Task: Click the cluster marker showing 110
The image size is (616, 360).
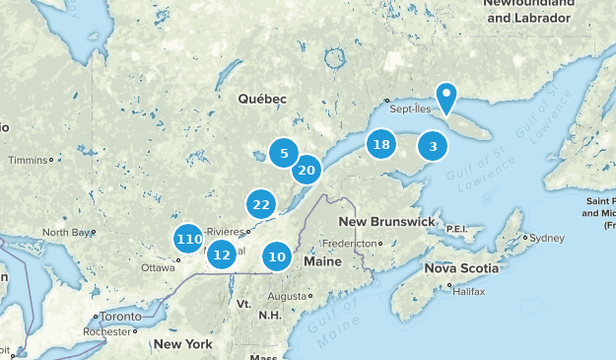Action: (x=188, y=239)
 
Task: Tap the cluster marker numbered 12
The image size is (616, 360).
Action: (x=223, y=254)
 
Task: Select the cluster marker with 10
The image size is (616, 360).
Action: (x=277, y=257)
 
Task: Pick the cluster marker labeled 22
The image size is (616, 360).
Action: (x=261, y=205)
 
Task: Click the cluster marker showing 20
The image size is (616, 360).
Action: (x=307, y=171)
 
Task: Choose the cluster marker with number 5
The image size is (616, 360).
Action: (x=284, y=153)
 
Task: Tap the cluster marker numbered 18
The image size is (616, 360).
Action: (x=380, y=145)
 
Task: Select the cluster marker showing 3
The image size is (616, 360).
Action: (x=433, y=147)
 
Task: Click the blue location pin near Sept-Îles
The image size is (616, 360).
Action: (x=447, y=97)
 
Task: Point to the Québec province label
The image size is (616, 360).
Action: (x=262, y=99)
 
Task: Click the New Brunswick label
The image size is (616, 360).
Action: (x=386, y=221)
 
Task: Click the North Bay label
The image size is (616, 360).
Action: (x=66, y=233)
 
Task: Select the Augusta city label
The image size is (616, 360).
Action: (x=288, y=296)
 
